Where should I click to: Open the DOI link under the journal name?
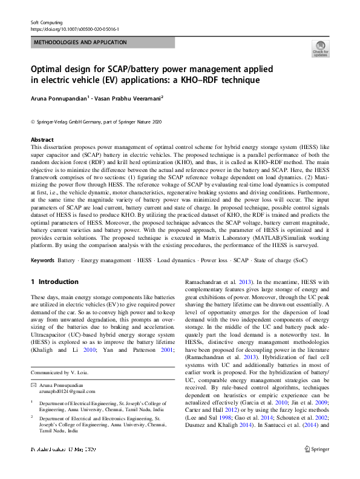(x=74, y=29)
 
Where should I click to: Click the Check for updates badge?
(x=320, y=48)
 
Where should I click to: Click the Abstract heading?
(x=42, y=139)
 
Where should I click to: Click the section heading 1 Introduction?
(x=54, y=282)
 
